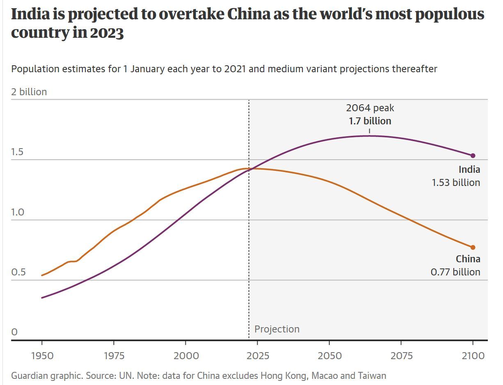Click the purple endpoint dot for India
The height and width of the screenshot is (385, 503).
click(x=473, y=156)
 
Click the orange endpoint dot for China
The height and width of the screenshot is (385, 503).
click(x=473, y=247)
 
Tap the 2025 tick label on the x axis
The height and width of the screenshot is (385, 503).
click(x=258, y=355)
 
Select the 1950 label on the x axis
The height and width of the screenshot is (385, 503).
click(x=42, y=355)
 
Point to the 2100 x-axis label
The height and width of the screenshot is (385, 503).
click(x=473, y=355)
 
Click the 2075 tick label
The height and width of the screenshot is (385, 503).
click(x=401, y=355)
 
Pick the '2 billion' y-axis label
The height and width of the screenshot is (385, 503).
click(x=29, y=92)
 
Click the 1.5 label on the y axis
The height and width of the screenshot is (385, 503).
click(x=17, y=152)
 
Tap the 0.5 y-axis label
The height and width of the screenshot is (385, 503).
click(x=18, y=273)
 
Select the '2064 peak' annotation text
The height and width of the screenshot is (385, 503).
click(x=370, y=108)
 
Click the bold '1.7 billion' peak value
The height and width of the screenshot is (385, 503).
click(x=370, y=121)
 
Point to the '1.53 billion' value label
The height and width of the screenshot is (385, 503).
click(x=456, y=183)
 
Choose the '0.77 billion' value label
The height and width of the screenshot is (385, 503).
click(x=455, y=272)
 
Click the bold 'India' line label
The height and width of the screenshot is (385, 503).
click(x=469, y=170)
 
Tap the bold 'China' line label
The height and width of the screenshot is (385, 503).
click(x=468, y=259)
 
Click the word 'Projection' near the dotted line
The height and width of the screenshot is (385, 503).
click(x=277, y=329)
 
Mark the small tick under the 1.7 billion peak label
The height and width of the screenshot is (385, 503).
click(x=370, y=131)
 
